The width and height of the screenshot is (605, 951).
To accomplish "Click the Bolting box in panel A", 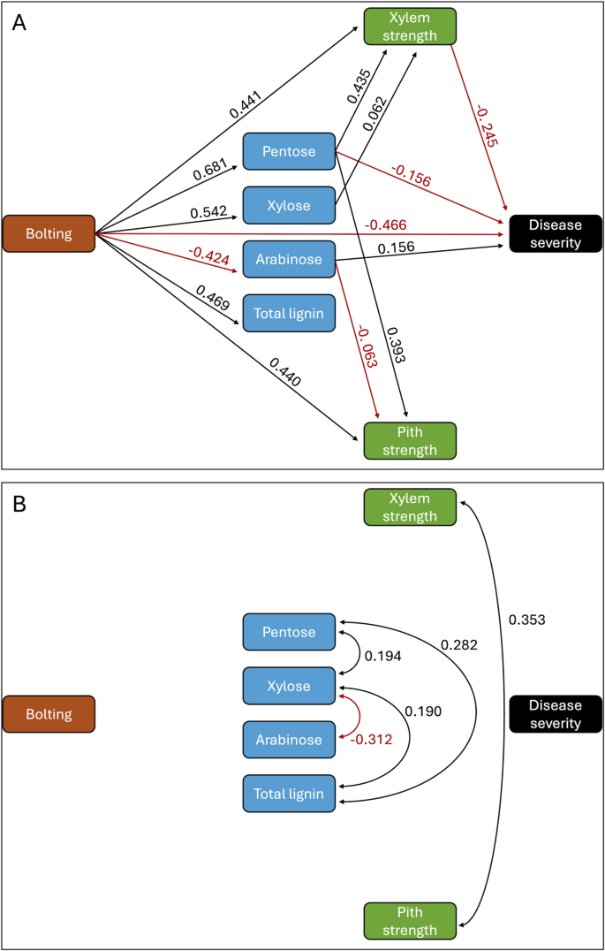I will (x=49, y=233).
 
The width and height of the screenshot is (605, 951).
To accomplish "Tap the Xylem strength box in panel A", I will (x=410, y=27).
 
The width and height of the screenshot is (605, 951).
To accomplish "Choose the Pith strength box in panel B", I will (x=410, y=920).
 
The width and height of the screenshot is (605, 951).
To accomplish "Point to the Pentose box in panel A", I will (x=289, y=151).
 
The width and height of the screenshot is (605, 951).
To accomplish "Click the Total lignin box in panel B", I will (x=289, y=794).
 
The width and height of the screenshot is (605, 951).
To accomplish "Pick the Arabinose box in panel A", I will (x=289, y=259).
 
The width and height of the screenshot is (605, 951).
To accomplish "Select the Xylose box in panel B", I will (x=289, y=686).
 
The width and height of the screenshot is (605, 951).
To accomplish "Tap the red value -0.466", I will (x=389, y=226).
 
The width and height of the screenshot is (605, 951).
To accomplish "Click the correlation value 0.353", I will (x=527, y=620).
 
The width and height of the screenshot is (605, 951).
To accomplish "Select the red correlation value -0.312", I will (x=370, y=739).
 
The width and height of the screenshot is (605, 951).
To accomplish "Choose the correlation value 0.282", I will (x=459, y=646).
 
